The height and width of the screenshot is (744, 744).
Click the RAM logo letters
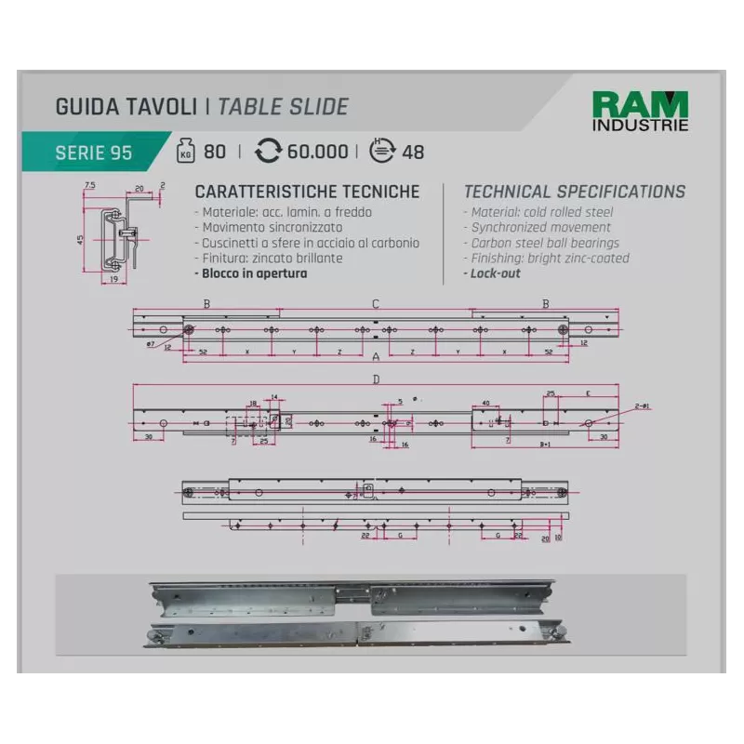(640, 105)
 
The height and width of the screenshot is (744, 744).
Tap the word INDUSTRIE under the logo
(640, 125)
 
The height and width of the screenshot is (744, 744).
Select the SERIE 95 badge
(93, 153)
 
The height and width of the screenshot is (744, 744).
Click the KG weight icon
(185, 152)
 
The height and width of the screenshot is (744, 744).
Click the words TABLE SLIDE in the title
(283, 106)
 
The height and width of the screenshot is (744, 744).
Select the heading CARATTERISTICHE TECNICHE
(307, 193)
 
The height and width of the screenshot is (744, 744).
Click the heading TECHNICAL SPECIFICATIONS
(574, 193)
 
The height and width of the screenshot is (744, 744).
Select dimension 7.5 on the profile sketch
(89, 186)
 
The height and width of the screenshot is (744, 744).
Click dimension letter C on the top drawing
(376, 304)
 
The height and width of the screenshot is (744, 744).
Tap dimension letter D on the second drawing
(376, 379)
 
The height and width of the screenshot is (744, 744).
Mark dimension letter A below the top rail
(376, 357)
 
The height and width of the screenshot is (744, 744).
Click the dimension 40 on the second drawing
(485, 403)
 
